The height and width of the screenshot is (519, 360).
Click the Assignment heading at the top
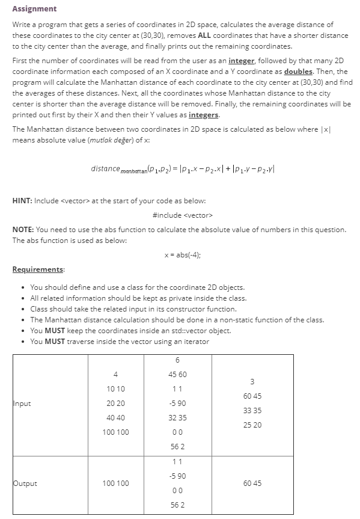34,8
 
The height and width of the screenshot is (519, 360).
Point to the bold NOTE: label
23,230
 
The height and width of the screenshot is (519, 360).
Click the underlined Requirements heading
38,269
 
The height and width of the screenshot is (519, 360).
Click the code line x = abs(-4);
182,254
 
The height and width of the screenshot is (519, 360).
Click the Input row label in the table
22,404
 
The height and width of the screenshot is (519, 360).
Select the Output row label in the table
25,484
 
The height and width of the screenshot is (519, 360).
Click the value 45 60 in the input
177,374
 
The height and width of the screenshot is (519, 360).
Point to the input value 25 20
252,425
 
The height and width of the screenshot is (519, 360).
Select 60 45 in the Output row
252,484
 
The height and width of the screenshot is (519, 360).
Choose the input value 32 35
177,417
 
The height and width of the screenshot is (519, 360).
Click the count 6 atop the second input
177,360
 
